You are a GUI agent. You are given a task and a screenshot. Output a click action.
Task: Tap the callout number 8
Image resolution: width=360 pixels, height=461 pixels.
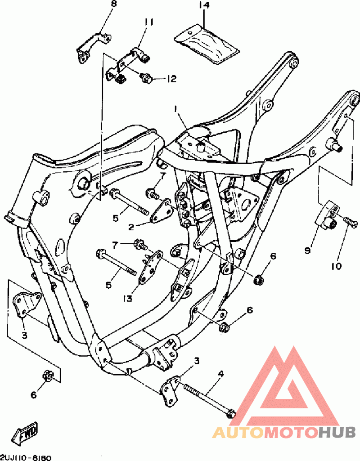(113, 4)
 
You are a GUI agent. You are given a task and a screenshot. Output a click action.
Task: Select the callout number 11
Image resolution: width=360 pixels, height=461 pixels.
(149, 22)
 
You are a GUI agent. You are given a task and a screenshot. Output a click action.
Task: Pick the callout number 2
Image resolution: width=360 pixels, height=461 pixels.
(131, 227)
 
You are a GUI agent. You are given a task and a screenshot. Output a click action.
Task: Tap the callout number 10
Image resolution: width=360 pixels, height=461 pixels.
(336, 266)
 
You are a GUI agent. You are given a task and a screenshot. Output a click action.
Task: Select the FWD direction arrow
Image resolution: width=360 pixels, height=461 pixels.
(26, 433)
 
